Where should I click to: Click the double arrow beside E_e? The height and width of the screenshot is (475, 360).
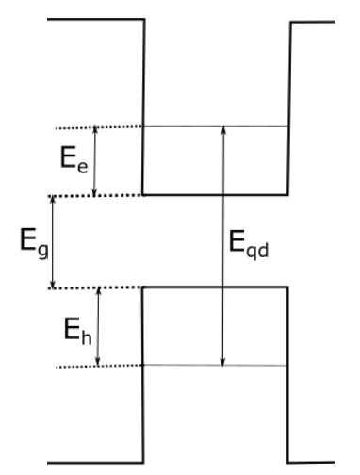coord(95,161)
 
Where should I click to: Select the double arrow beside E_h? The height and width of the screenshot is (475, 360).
coord(100,326)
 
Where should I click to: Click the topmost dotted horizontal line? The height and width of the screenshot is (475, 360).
coord(98,127)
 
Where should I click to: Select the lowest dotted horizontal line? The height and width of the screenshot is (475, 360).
coord(98,366)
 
